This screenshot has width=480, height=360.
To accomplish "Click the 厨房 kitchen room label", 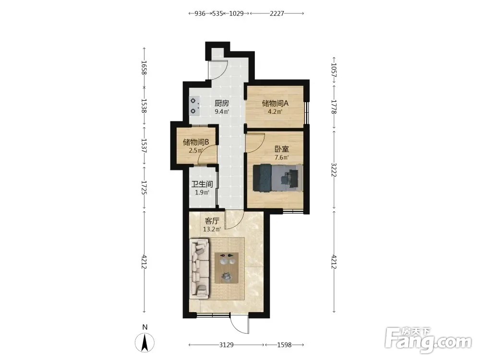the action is click(222, 103).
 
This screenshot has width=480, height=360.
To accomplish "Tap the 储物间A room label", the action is click(275, 103).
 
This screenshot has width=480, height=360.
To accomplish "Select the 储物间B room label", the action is click(196, 142).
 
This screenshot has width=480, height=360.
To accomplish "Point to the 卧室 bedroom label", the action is click(282, 149).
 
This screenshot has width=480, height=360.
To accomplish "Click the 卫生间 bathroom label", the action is click(202, 184).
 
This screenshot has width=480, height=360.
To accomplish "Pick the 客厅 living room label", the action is click(212, 221).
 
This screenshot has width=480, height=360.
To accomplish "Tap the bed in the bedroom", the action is click(277, 178).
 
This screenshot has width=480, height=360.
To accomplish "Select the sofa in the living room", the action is click(200, 269).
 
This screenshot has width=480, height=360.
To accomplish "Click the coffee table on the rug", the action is click(227, 268).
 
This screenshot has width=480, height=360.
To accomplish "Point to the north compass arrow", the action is click(145, 343).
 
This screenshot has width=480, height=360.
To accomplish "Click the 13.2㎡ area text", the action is click(212, 229).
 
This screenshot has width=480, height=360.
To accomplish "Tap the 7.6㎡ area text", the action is click(282, 157).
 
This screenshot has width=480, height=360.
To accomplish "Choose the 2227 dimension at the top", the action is click(277, 13).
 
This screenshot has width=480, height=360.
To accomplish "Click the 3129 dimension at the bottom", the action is click(227, 345).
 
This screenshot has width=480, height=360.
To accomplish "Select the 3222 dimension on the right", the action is click(334, 170).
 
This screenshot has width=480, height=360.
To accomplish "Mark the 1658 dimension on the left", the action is click(144, 68).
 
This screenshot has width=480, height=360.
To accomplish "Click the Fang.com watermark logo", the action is click(428, 340).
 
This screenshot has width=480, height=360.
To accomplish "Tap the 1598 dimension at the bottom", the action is click(284, 345).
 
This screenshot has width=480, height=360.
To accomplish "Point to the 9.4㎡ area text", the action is click(222, 111).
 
